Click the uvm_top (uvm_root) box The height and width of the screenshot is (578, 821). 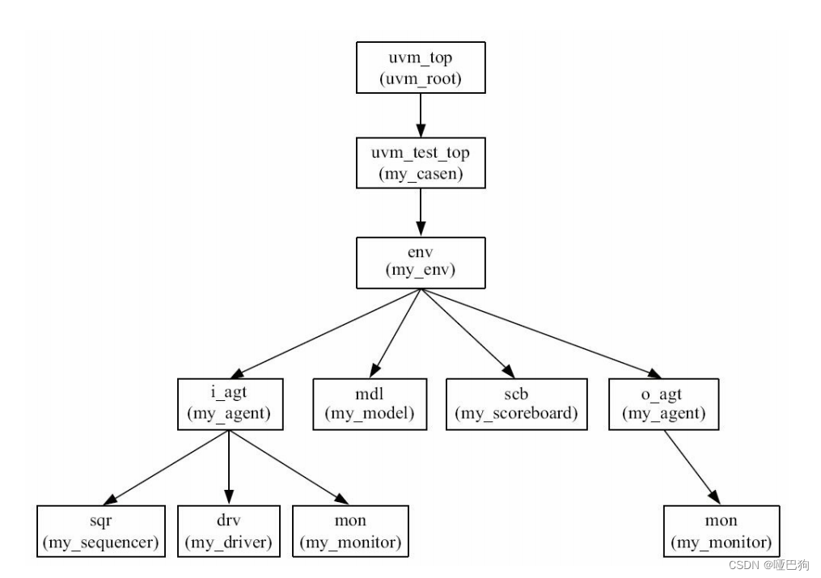coord(420,68)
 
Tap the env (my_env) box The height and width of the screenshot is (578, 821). coord(420,262)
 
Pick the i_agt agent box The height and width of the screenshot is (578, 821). coord(229,403)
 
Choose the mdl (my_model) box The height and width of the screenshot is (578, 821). coord(370,403)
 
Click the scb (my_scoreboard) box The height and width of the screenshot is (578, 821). coord(516,403)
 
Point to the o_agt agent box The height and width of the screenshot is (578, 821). coord(663,403)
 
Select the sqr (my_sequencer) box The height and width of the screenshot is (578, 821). coord(101,531)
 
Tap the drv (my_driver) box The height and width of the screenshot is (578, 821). coord(229,531)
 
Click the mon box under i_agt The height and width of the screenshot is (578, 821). coord(350,531)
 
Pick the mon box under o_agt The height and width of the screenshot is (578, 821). coord(722,531)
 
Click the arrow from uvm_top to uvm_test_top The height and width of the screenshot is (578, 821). coord(420,116)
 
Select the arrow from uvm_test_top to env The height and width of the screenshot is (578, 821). coord(420,213)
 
